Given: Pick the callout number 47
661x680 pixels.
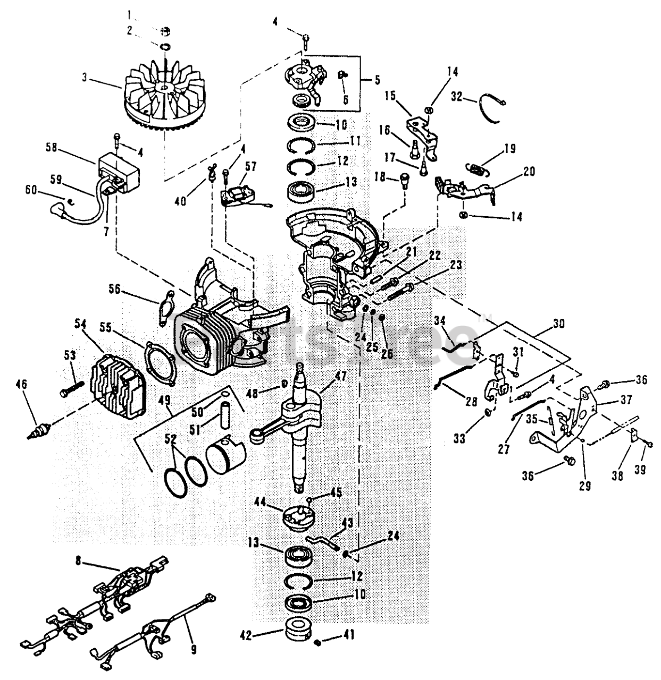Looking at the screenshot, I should (x=339, y=376).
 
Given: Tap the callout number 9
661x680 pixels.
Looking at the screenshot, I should (x=193, y=649).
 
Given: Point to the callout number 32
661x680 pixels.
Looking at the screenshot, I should (x=456, y=96).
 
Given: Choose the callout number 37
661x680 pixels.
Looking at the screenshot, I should (x=610, y=399).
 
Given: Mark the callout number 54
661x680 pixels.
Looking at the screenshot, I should (x=81, y=324).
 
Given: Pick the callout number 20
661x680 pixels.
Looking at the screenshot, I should (x=529, y=171).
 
